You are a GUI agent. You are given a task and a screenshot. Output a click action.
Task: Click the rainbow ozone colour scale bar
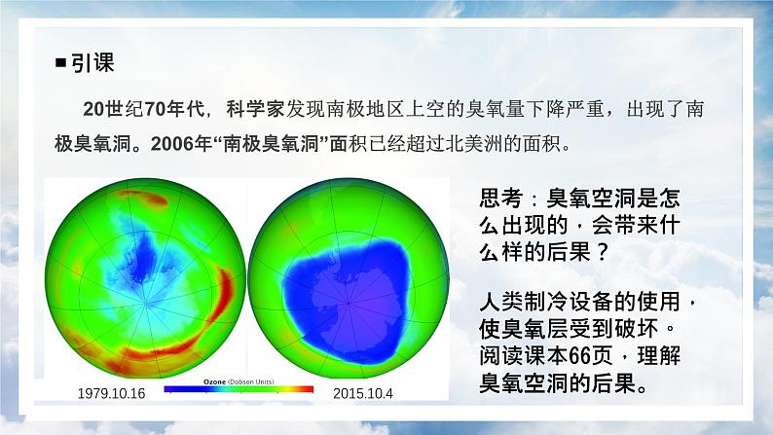coord(239,390)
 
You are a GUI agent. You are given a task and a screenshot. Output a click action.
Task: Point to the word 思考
coord(501,199)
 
